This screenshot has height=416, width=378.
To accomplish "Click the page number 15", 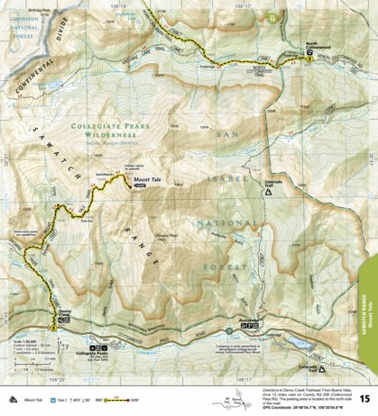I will tap(364, 397).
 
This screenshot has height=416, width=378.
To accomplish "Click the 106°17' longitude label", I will tap(238, 5).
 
